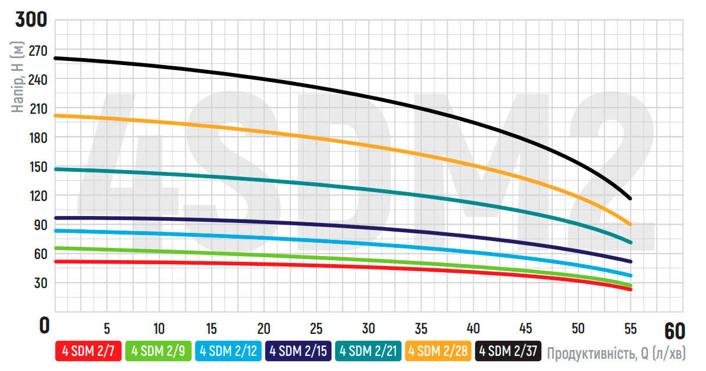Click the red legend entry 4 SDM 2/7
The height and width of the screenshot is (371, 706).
88,351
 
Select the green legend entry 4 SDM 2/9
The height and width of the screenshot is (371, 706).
159,351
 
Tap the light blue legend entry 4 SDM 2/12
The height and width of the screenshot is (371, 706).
229,351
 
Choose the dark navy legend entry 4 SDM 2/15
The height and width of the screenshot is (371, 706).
298,351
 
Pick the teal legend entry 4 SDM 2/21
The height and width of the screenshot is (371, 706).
369,351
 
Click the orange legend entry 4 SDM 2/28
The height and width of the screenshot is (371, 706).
438,351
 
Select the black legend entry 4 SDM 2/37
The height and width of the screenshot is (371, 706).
508,351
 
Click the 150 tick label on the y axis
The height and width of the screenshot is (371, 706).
38,167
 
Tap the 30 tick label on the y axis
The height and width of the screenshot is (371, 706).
41,283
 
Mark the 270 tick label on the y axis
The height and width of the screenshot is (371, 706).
38,51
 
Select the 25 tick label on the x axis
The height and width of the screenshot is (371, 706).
316,328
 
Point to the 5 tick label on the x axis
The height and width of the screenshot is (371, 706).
107,328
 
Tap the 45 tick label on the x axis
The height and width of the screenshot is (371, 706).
525,328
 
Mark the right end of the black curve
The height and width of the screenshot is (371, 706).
630,199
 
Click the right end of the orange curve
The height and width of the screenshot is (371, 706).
630,224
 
